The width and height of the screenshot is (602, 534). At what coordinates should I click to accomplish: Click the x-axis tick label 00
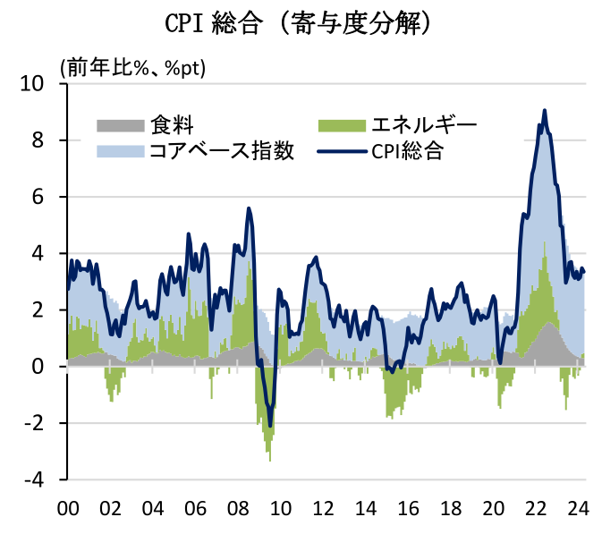pos(68,508)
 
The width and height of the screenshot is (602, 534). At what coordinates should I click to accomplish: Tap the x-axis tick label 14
pos(366,508)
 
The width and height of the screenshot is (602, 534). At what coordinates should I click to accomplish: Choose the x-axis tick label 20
pos(493,508)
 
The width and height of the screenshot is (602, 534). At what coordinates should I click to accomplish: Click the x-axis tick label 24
pos(578,508)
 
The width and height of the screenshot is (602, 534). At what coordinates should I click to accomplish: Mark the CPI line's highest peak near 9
pos(545,110)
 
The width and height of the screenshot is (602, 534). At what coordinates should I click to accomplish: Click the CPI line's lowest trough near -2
pos(270,426)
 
